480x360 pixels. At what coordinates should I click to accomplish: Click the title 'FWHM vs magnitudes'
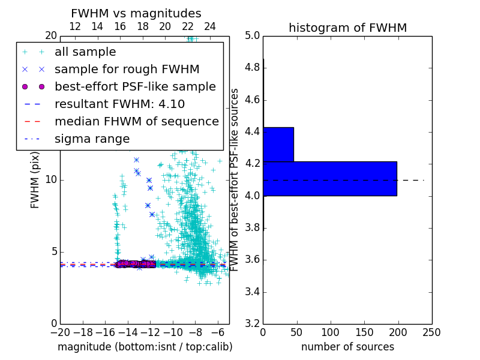(136, 13)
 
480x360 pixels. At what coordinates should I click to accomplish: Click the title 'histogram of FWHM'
(347, 28)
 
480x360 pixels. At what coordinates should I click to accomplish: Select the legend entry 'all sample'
(85, 52)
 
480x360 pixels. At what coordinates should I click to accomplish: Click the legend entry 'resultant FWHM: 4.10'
(119, 104)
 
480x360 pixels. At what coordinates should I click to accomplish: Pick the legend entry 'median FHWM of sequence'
(136, 121)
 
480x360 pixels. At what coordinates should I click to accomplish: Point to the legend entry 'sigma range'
(92, 139)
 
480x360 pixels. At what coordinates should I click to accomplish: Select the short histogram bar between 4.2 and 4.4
(278, 144)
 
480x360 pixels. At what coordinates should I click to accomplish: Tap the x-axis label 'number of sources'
(347, 347)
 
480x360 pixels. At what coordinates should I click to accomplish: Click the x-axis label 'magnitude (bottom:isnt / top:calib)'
(145, 347)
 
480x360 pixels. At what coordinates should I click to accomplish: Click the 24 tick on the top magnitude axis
(210, 27)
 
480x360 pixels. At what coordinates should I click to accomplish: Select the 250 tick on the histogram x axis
(431, 332)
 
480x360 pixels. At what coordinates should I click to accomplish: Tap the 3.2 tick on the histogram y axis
(253, 323)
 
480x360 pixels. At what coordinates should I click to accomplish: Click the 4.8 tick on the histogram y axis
(253, 67)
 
